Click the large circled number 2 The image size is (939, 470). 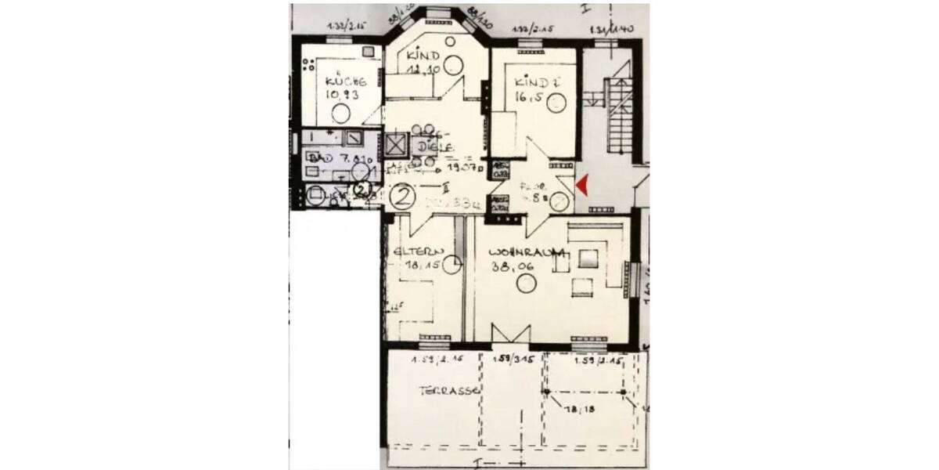pos(403,196)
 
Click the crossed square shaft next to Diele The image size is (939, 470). pos(397,146)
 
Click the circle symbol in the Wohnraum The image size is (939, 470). pos(526,283)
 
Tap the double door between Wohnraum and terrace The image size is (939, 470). pos(510,334)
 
